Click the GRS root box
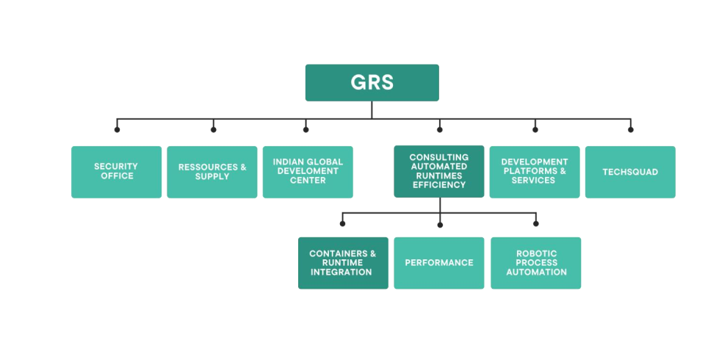click(x=372, y=82)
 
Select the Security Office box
click(x=116, y=172)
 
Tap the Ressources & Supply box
click(x=212, y=172)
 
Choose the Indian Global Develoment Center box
click(x=308, y=172)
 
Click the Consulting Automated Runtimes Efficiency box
click(x=438, y=172)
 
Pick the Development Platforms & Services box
click(x=535, y=172)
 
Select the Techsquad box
click(x=630, y=172)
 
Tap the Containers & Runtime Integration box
click(x=343, y=263)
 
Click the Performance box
click(x=439, y=263)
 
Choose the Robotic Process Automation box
click(x=535, y=263)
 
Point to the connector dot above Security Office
click(x=117, y=130)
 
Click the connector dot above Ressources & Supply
click(x=214, y=130)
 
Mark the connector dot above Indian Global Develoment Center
click(x=306, y=130)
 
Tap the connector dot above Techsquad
click(x=631, y=130)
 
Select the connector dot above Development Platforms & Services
click(x=535, y=130)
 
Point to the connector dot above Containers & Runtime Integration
click(x=343, y=223)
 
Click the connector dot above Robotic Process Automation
click(x=535, y=223)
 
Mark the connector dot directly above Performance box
click(x=439, y=223)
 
